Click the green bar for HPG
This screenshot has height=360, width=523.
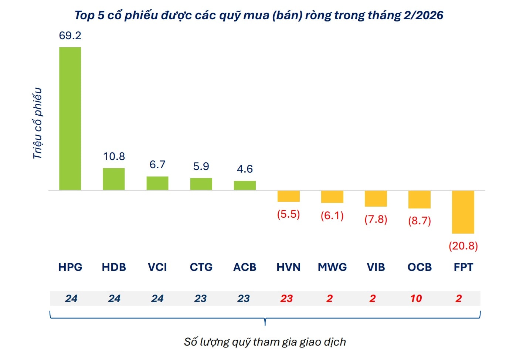click(70, 119)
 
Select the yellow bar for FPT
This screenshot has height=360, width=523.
click(463, 212)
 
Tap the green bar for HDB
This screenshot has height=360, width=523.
click(113, 179)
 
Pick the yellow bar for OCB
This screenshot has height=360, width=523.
click(419, 200)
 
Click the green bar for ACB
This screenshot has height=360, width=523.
click(245, 186)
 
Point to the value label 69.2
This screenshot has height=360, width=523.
click(70, 35)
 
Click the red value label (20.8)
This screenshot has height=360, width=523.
click(463, 246)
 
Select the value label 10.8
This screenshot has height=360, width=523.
click(114, 156)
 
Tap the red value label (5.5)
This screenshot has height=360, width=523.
click(288, 214)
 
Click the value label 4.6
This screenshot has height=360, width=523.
click(245, 169)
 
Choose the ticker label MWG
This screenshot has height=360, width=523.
click(332, 267)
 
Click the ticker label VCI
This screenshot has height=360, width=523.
click(157, 267)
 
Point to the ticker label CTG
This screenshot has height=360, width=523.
click(201, 267)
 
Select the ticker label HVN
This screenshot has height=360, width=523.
click(288, 267)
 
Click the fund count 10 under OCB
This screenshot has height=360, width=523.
click(416, 299)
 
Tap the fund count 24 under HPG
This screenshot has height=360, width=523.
click(71, 299)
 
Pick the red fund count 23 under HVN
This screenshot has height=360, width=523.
click(286, 299)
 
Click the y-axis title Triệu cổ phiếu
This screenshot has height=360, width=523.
click(37, 123)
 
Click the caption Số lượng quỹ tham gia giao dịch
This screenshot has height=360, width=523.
click(265, 342)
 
